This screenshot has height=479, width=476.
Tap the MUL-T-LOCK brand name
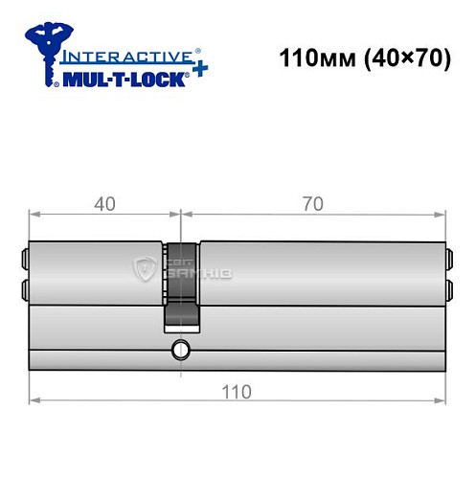[x=120, y=84]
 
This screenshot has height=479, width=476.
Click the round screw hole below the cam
[x=179, y=351]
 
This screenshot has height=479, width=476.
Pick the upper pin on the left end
[x=24, y=256]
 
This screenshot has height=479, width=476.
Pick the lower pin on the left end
[x=24, y=288]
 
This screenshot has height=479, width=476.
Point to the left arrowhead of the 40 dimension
[x=34, y=214]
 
